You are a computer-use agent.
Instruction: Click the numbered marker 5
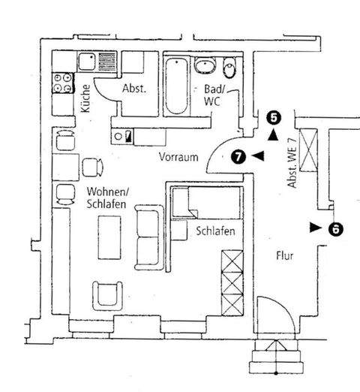click(274, 117)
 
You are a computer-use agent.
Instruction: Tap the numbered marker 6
click(336, 228)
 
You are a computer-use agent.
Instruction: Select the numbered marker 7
click(238, 156)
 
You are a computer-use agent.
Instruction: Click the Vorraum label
click(178, 158)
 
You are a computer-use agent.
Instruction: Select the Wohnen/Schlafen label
click(106, 198)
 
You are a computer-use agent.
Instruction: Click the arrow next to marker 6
click(315, 226)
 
